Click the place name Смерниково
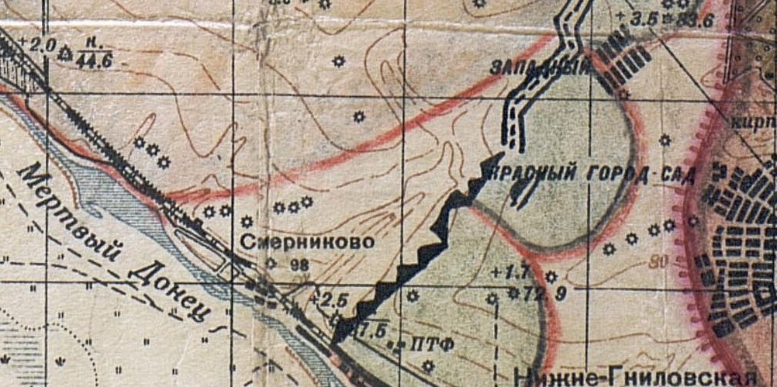click(x=307, y=242)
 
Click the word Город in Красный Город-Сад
click(x=611, y=173)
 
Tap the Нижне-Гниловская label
click(x=635, y=377)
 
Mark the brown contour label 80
click(x=659, y=261)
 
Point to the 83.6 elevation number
click(x=694, y=21)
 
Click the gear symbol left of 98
click(x=271, y=263)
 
